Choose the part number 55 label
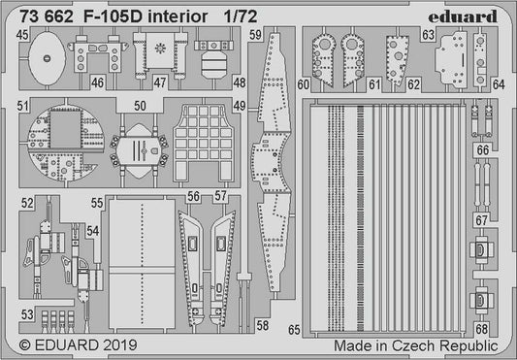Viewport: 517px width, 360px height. [x=97, y=203]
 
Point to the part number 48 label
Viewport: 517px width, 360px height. [x=240, y=84]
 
